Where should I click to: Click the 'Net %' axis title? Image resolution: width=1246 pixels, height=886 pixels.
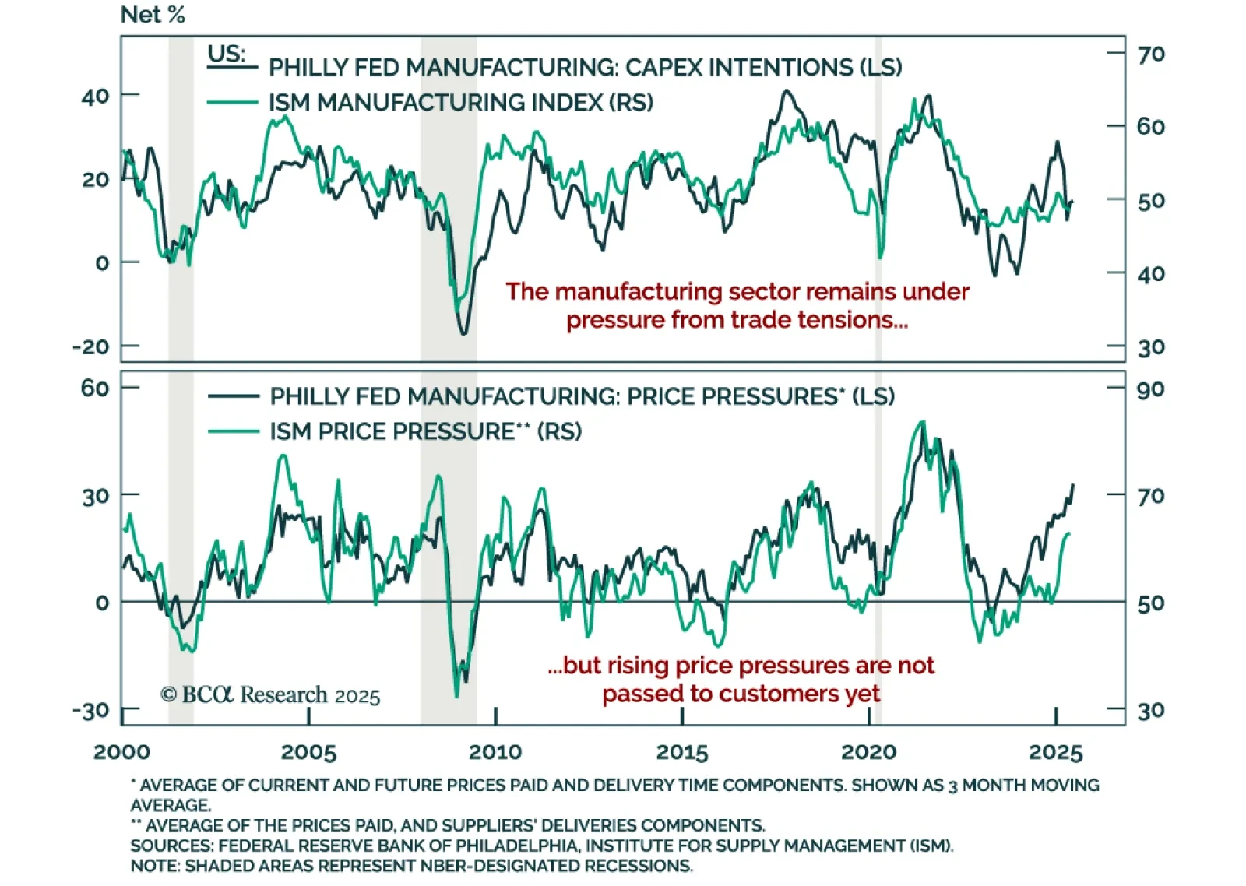153,15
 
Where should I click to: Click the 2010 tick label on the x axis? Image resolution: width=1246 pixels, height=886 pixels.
495,752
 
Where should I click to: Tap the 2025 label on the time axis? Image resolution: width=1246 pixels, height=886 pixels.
1055,752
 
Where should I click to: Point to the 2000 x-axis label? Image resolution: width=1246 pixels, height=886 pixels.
121,752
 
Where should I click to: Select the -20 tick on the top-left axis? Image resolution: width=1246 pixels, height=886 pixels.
91,346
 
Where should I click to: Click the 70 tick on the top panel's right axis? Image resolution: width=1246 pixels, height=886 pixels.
1151,54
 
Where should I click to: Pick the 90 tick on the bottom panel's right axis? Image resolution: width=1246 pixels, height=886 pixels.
1150,389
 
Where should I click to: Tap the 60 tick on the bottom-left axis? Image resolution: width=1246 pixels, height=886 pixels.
95,388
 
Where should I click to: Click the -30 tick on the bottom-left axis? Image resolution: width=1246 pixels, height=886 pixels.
91,711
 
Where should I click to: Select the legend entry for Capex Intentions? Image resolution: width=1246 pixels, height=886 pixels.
585,68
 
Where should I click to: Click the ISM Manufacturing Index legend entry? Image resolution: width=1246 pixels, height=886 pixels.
460,103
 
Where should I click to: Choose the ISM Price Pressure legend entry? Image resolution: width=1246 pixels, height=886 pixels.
425,431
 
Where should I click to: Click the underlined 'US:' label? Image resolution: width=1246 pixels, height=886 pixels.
227,54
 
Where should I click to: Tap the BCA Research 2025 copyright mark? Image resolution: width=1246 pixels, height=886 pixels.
270,694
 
